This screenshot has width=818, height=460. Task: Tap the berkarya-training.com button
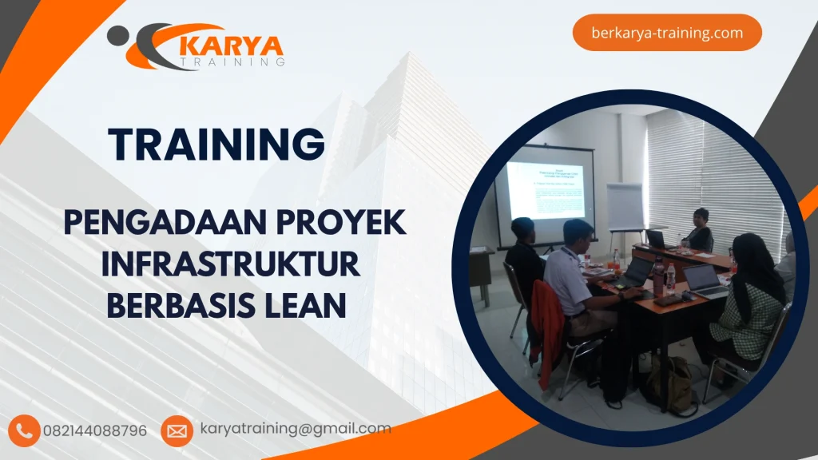pyautogui.click(x=667, y=33)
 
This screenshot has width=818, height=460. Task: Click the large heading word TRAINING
pyautogui.click(x=216, y=145)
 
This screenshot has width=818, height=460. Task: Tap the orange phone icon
pyautogui.click(x=25, y=430)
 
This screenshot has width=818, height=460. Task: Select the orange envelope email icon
pyautogui.click(x=177, y=431)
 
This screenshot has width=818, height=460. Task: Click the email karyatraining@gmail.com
pyautogui.click(x=296, y=429)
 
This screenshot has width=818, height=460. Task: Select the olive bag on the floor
pyautogui.click(x=669, y=384)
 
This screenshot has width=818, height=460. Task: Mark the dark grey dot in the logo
pyautogui.click(x=117, y=36)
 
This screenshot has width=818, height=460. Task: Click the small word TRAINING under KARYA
pyautogui.click(x=232, y=61)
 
